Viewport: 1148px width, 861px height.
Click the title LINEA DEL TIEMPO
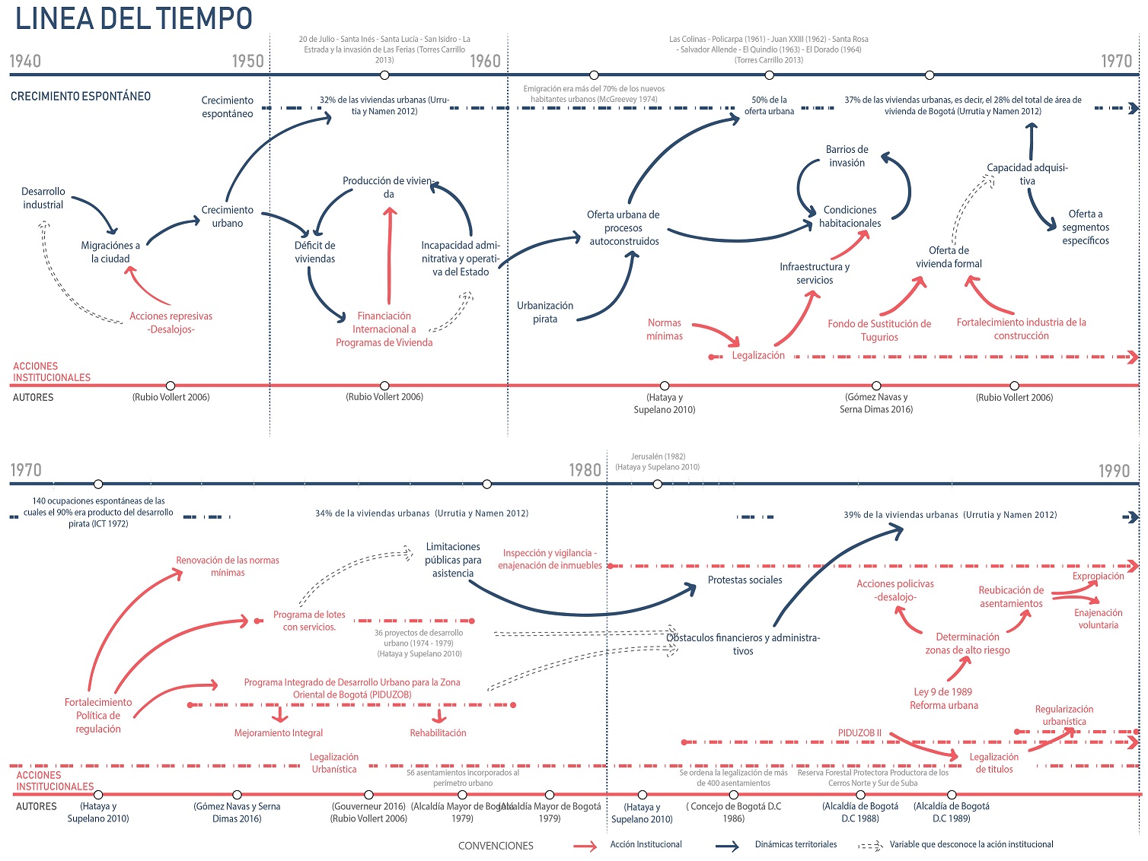pyautogui.click(x=133, y=18)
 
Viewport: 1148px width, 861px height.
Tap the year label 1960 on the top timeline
pyautogui.click(x=485, y=62)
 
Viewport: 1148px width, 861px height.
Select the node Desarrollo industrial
pyautogui.click(x=43, y=198)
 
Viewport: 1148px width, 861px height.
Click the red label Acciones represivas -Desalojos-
pyautogui.click(x=171, y=322)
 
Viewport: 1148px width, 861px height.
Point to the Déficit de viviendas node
pyautogui.click(x=315, y=252)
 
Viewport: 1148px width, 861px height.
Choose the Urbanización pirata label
pyautogui.click(x=545, y=312)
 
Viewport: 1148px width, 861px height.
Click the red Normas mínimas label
pyautogui.click(x=665, y=329)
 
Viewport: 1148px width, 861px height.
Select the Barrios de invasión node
pyautogui.click(x=847, y=156)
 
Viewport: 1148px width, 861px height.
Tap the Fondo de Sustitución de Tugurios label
pyautogui.click(x=879, y=330)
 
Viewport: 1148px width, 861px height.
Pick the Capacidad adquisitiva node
pyautogui.click(x=1027, y=174)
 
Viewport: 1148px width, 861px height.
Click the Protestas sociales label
pyautogui.click(x=745, y=580)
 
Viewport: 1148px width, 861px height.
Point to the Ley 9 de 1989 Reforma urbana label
pyautogui.click(x=943, y=698)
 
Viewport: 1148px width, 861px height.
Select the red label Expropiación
pyautogui.click(x=1098, y=576)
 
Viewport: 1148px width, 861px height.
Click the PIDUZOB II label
pyautogui.click(x=859, y=733)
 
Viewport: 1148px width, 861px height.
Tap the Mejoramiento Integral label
pyautogui.click(x=279, y=733)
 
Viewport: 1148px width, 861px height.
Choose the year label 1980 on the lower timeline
pyautogui.click(x=585, y=470)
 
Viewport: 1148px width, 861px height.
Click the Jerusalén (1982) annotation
pyautogui.click(x=658, y=456)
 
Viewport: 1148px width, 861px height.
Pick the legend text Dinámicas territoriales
pyautogui.click(x=796, y=844)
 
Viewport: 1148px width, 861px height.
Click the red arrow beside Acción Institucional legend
pyautogui.click(x=585, y=846)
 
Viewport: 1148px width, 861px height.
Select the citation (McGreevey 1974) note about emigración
pyautogui.click(x=594, y=94)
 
